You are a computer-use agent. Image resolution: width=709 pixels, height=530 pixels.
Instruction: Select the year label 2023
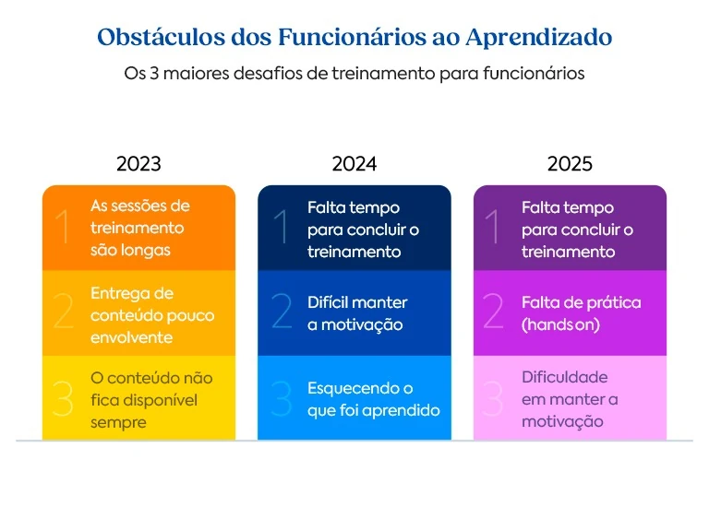tap(138, 164)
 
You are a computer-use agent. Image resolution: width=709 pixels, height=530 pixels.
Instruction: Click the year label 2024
tap(354, 164)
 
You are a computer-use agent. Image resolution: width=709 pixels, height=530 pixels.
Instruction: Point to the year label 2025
tap(570, 164)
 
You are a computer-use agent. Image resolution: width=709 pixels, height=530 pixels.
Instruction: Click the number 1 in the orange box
tap(64, 228)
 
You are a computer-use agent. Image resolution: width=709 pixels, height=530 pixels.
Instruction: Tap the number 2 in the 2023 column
tap(64, 313)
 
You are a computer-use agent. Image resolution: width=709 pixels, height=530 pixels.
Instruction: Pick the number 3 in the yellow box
tap(64, 399)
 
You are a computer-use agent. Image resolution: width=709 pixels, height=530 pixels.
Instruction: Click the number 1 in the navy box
tap(282, 228)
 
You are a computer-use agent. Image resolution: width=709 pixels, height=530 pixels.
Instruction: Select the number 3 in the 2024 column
tap(282, 399)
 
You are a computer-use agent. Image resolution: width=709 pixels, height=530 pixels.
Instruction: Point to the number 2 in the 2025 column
tap(495, 313)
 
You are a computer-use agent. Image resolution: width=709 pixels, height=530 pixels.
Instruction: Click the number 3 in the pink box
tap(495, 399)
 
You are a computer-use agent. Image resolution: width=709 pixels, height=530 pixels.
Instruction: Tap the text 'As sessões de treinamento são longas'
tap(139, 228)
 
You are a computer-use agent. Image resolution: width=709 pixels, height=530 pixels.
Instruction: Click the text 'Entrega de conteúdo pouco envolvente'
tap(151, 315)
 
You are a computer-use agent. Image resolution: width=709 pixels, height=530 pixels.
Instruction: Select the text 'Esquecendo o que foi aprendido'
tap(373, 399)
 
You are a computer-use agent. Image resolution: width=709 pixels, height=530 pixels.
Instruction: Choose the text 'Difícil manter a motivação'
tap(356, 313)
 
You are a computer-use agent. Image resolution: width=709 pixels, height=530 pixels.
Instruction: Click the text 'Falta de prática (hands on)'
tap(581, 313)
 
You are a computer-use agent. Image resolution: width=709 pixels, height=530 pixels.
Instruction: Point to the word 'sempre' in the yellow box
tap(118, 422)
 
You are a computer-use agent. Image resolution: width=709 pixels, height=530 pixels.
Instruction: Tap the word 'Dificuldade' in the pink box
tap(564, 377)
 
